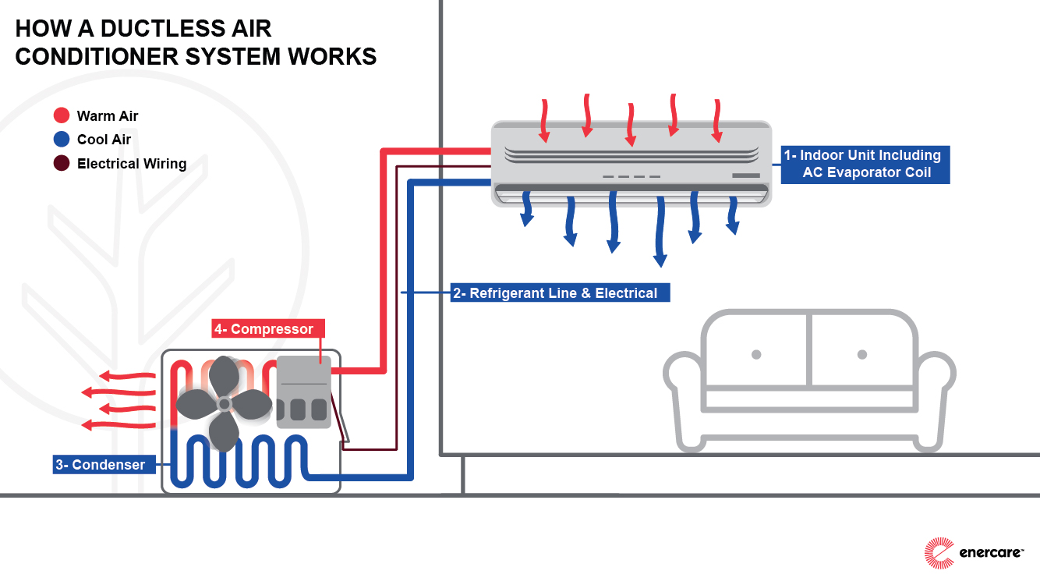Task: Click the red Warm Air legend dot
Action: [62, 116]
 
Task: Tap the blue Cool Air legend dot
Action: [62, 140]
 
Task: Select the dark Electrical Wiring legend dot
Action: [62, 164]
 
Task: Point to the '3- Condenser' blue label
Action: [100, 465]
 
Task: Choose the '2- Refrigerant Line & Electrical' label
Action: [560, 293]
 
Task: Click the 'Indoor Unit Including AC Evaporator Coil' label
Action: [865, 164]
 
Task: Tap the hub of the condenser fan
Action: [225, 403]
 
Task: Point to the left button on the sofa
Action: [755, 354]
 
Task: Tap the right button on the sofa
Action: [862, 354]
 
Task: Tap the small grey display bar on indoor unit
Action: [745, 175]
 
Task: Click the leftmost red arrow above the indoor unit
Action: [545, 121]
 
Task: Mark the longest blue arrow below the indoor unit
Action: [661, 234]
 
